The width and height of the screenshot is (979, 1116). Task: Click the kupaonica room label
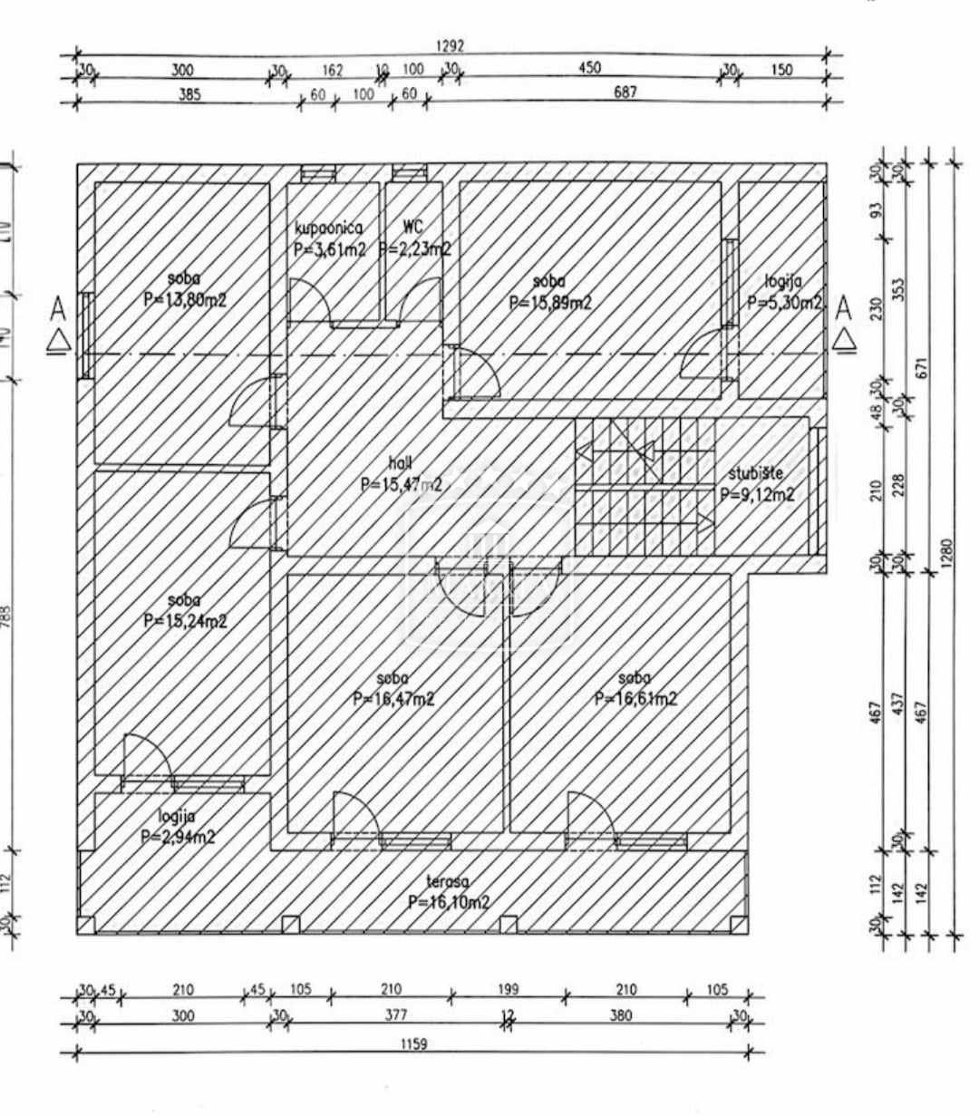[x=328, y=229]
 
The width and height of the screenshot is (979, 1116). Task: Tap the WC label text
[x=412, y=228]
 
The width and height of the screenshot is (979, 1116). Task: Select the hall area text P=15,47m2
[x=401, y=485]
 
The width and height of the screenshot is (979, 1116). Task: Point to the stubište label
[x=755, y=473]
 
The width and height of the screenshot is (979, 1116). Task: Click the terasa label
[x=448, y=881]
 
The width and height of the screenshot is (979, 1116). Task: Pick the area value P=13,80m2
[x=185, y=300]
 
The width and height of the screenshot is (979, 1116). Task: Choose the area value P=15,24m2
[x=185, y=621]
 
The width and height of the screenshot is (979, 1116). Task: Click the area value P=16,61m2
[x=635, y=698]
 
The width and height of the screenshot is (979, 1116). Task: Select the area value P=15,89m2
[x=550, y=303]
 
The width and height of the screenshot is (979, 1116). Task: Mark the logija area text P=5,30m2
[x=784, y=304]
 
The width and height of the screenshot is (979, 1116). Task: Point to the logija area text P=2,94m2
[x=178, y=837]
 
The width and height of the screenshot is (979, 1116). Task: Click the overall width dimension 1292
[x=450, y=45]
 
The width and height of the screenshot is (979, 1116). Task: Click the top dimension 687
[x=625, y=92]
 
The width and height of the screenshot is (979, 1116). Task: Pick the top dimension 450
[x=589, y=68]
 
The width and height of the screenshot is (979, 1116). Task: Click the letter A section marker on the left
[x=59, y=310]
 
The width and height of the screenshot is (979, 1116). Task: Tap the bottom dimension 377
[x=395, y=1015]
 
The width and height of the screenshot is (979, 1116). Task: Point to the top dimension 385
[x=189, y=93]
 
